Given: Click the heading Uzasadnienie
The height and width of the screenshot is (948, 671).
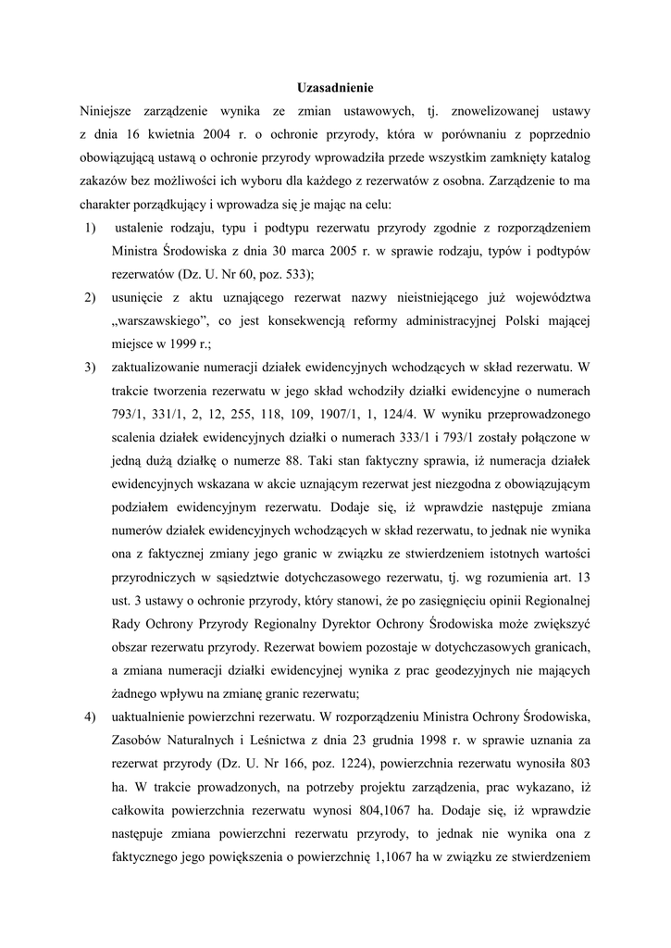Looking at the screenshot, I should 335,89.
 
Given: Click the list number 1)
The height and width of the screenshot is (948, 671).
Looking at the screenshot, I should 90,227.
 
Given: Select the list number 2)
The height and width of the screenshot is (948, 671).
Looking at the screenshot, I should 90,297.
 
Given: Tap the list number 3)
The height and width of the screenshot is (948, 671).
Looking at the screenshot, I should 90,368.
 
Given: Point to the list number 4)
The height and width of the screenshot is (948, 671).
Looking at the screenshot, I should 90,717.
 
